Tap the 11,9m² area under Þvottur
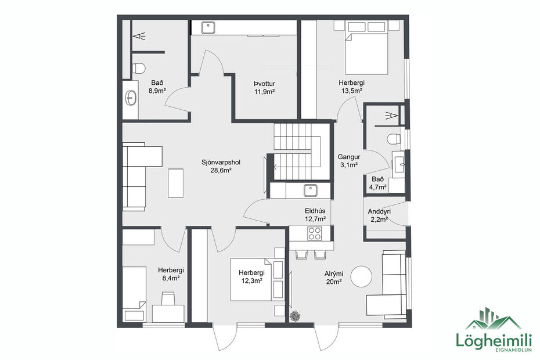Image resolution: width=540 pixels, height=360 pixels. click(x=264, y=91)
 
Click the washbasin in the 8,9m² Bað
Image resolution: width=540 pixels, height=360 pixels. click(x=131, y=98)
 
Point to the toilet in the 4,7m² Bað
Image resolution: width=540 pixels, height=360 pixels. click(x=394, y=138)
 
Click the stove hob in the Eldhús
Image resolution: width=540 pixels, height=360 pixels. click(x=314, y=233)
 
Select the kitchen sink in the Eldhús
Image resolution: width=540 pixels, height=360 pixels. click(x=310, y=189)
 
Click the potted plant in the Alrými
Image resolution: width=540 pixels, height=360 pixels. click(x=296, y=316)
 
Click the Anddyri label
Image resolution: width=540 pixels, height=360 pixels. click(x=379, y=211)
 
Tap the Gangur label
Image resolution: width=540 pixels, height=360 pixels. click(x=349, y=157)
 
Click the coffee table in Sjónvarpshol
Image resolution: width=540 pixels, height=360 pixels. click(x=176, y=182)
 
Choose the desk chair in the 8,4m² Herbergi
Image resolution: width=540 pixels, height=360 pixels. click(x=168, y=298)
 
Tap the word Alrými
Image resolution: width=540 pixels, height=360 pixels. click(x=334, y=273)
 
